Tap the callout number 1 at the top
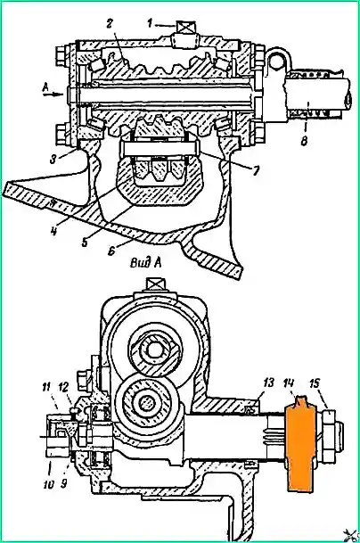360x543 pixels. tap(149, 24)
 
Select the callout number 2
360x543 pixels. tap(110, 25)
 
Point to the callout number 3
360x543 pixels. tap(53, 160)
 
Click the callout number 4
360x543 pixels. tap(53, 230)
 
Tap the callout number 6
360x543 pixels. tap(111, 250)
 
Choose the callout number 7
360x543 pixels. tap(256, 170)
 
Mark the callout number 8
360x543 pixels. tap(304, 141)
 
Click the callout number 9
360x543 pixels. tap(64, 484)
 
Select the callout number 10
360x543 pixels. tap(49, 484)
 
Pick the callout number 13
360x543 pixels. tap(267, 383)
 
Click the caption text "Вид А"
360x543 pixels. tap(146, 263)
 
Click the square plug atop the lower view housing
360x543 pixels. tap(155, 285)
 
